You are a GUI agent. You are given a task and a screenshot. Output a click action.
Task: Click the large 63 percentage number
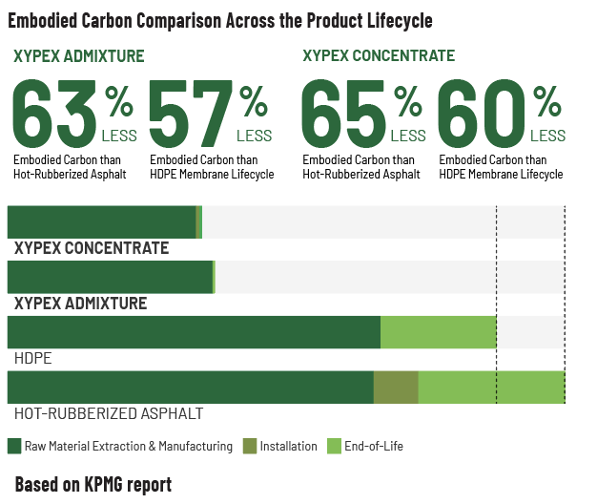point(54,114)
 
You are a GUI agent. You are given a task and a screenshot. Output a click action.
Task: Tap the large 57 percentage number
point(191,114)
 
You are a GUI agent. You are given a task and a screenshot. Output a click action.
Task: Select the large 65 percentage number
point(343,114)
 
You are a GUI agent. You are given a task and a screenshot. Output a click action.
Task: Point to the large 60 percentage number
point(482,114)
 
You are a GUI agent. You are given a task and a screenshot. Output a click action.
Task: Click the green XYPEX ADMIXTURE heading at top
point(79,56)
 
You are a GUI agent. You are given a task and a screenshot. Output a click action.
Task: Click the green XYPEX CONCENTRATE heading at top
point(379,55)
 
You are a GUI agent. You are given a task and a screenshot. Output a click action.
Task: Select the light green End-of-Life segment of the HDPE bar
point(439,332)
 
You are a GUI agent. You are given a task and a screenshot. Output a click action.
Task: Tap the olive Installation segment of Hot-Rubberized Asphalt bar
point(396,387)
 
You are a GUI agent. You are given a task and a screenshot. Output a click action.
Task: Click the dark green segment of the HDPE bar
point(194,332)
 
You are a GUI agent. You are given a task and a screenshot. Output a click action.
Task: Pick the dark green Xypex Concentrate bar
point(102,222)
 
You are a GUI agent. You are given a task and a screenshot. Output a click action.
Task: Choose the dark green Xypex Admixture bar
point(110,277)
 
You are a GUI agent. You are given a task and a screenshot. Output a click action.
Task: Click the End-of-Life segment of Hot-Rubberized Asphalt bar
point(491,387)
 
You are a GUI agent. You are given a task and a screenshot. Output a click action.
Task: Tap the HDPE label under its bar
point(32,359)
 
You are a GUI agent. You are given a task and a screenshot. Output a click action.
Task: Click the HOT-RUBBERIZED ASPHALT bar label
point(109,413)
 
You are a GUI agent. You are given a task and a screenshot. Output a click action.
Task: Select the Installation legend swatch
point(250,446)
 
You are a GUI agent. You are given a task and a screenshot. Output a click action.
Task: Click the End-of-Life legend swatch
point(334,446)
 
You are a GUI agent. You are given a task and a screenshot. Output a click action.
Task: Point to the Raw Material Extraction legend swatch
point(14,446)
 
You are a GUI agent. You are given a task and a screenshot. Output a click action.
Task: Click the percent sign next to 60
point(547,101)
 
